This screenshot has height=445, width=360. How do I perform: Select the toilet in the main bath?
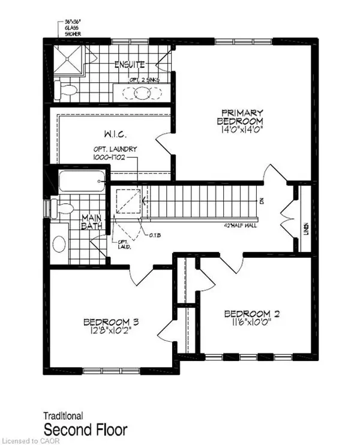pos(63,209)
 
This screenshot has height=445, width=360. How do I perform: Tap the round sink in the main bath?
pos(59,243)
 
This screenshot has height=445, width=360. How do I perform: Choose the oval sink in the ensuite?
pos(142,92)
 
